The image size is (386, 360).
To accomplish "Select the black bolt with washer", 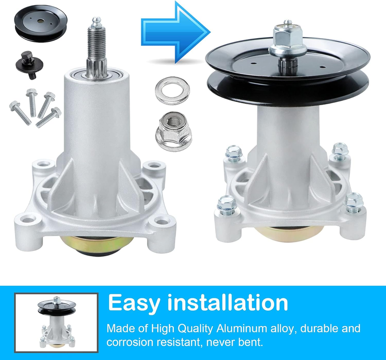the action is (x=29, y=65).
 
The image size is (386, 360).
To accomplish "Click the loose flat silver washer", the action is (x=172, y=90).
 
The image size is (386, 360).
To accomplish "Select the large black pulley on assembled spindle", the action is (x=288, y=72).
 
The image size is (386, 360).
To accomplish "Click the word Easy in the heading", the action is (x=134, y=303).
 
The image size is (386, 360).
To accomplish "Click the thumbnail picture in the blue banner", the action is (x=56, y=322).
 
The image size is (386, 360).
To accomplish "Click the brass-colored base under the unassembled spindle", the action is (x=97, y=245).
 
